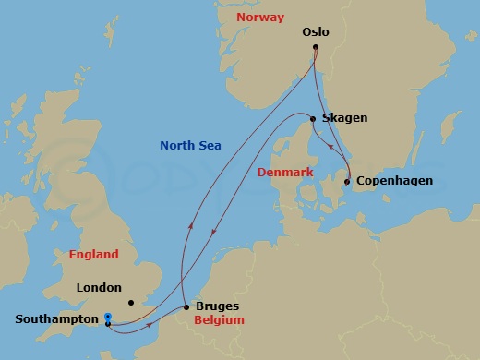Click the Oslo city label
point(316,32)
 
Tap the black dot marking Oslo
point(316,47)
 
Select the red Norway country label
point(259,18)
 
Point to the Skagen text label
point(344,118)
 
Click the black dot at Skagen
point(314,119)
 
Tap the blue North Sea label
point(190,145)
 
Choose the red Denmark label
point(285,173)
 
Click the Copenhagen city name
point(394,181)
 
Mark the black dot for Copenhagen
point(347,182)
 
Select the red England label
point(94,254)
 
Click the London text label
point(99,287)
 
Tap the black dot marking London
point(132,302)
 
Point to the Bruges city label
point(218,306)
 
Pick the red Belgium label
point(219,319)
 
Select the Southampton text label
point(56,319)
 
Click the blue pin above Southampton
point(108,316)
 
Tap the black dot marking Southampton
point(108,324)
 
